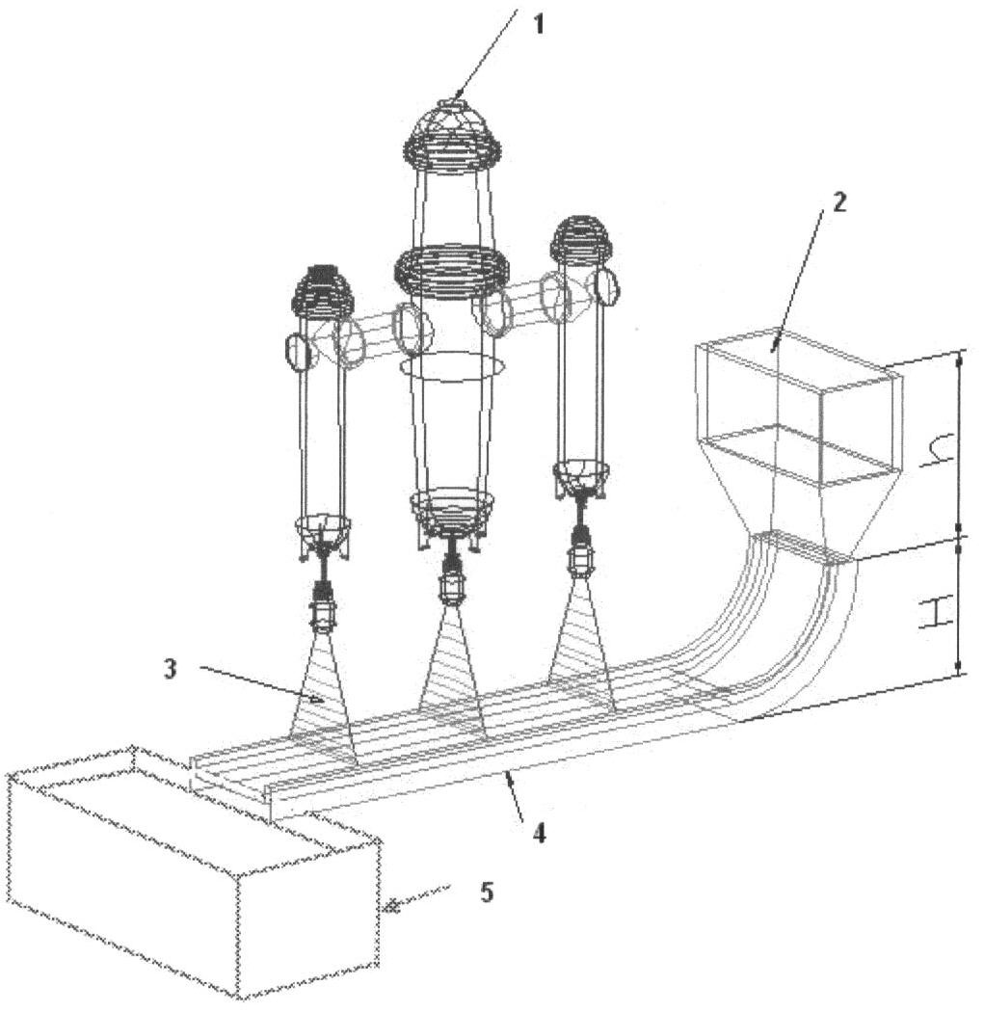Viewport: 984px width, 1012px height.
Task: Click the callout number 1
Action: coord(540,25)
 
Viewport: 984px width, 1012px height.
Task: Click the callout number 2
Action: coord(838,202)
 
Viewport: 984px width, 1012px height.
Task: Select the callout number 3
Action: coord(170,669)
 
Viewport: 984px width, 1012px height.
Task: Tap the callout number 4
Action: coord(540,833)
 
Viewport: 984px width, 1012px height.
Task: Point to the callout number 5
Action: coord(487,892)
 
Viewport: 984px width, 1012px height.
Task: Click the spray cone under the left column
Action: coord(322,698)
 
